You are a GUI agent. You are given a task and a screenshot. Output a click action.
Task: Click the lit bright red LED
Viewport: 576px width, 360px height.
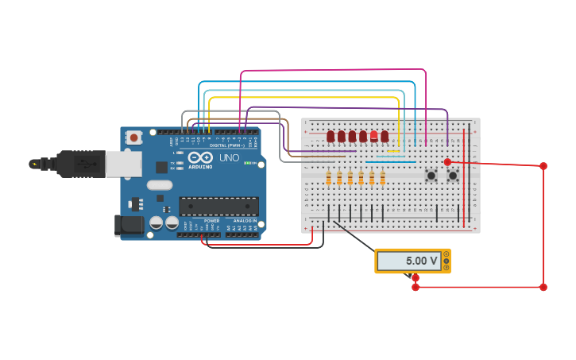[x=373, y=136]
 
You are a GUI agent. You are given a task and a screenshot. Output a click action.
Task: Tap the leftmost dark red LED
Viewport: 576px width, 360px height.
[x=331, y=137]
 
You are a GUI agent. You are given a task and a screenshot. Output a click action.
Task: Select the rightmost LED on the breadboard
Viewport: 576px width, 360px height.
[x=385, y=137]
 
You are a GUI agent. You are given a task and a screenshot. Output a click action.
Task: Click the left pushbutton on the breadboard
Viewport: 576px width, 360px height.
[x=431, y=175]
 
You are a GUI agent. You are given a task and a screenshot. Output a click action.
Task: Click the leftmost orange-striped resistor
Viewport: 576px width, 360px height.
[x=328, y=178]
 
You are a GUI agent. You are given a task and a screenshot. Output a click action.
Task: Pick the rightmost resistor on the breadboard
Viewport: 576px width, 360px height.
[x=382, y=178]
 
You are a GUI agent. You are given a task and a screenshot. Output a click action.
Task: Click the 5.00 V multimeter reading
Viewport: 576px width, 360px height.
[x=421, y=261]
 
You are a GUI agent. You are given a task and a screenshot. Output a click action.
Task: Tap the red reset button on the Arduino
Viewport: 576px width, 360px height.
[x=133, y=137]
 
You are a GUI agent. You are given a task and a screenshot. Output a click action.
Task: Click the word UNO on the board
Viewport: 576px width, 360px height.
[x=229, y=158]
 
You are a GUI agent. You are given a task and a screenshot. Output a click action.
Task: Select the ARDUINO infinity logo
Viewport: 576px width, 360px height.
[x=200, y=157]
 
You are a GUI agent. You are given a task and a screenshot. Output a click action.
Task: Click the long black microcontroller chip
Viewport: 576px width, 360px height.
[x=218, y=206]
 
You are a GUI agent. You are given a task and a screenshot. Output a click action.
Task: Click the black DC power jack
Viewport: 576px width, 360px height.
[x=129, y=225]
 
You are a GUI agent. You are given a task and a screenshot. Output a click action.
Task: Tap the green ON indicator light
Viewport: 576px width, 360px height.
[x=247, y=163]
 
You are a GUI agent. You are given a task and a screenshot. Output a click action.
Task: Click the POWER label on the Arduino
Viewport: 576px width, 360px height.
[x=211, y=220]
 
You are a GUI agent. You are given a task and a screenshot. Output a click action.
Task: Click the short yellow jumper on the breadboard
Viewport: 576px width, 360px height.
[x=393, y=151]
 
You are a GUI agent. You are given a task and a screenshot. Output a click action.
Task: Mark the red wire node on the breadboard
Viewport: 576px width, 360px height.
[x=447, y=162]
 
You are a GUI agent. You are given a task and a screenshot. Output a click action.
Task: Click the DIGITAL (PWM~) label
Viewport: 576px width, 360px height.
[x=226, y=145]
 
